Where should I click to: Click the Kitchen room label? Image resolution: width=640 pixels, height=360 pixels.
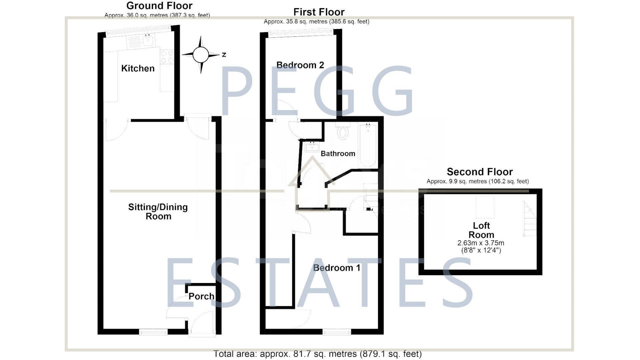(x=138, y=68)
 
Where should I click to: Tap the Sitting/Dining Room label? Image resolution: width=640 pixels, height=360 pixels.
(x=158, y=211)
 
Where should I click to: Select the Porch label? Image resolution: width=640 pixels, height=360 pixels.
(x=201, y=296)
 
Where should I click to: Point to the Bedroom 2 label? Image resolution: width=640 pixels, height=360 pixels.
(x=300, y=65)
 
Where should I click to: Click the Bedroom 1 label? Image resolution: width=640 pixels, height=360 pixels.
(x=337, y=268)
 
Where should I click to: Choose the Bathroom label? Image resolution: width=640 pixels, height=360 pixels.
(x=338, y=154)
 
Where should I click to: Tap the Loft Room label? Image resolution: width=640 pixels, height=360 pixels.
(x=481, y=230)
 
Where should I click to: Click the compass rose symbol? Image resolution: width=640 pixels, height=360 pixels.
(x=201, y=55)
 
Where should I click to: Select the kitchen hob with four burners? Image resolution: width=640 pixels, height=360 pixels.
(x=167, y=57)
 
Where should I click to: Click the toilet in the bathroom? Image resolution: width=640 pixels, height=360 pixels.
(x=343, y=132)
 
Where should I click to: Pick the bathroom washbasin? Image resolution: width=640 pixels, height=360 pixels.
(x=312, y=147)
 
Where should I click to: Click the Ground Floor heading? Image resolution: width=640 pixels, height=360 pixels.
(x=159, y=6)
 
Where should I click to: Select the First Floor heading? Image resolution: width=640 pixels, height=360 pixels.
(x=319, y=12)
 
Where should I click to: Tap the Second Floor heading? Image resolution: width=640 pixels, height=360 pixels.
(x=479, y=172)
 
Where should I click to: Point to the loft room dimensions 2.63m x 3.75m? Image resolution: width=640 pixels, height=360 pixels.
(x=481, y=243)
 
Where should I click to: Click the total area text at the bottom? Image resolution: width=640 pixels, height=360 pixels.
(x=317, y=354)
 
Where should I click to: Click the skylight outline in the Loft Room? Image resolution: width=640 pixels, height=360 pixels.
(x=485, y=207)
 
